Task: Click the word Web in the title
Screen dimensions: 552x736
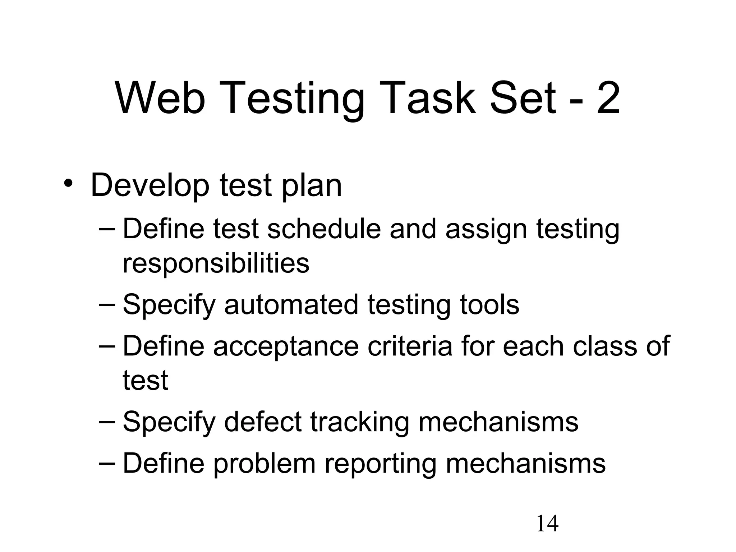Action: click(x=160, y=98)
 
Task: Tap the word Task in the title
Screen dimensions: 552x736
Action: click(x=429, y=98)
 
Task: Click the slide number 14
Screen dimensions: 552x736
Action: click(x=547, y=524)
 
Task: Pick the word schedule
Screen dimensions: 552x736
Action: click(x=323, y=229)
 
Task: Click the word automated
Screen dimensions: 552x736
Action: click(x=291, y=304)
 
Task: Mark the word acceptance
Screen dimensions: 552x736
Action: click(x=286, y=346)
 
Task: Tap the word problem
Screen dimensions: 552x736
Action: click(x=264, y=464)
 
